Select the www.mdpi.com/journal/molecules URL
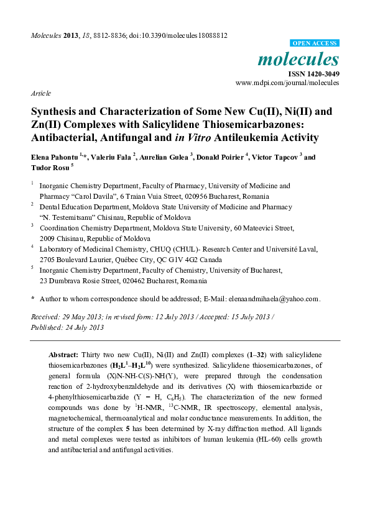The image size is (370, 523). [x=287, y=83]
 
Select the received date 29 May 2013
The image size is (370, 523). [x=83, y=317]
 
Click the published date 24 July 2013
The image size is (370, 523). [x=83, y=327]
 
